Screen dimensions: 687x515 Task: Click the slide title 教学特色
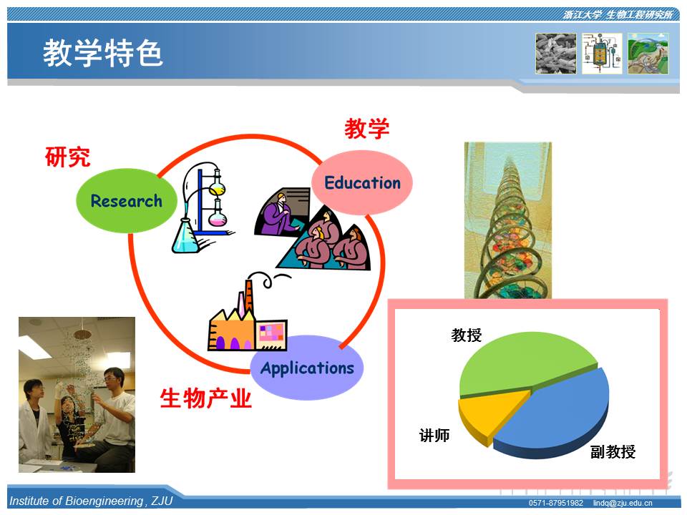click(x=103, y=53)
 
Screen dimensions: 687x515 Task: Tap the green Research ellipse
click(x=127, y=200)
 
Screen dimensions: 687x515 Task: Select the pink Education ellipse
click(x=362, y=182)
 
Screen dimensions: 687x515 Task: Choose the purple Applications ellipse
click(x=307, y=368)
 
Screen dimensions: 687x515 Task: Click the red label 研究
click(x=68, y=157)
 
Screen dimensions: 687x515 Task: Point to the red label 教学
click(x=366, y=128)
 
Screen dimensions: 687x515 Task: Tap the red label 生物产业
click(x=206, y=398)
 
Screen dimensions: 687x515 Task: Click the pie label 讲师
click(x=434, y=436)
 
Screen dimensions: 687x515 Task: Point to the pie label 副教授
click(x=613, y=451)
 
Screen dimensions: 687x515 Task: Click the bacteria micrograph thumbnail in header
click(x=555, y=54)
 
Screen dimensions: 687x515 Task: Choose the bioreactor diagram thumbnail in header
click(x=602, y=54)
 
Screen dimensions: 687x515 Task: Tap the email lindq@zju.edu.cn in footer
click(x=623, y=503)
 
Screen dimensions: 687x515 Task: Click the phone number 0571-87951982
click(x=555, y=503)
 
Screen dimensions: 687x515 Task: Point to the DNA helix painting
click(x=508, y=220)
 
